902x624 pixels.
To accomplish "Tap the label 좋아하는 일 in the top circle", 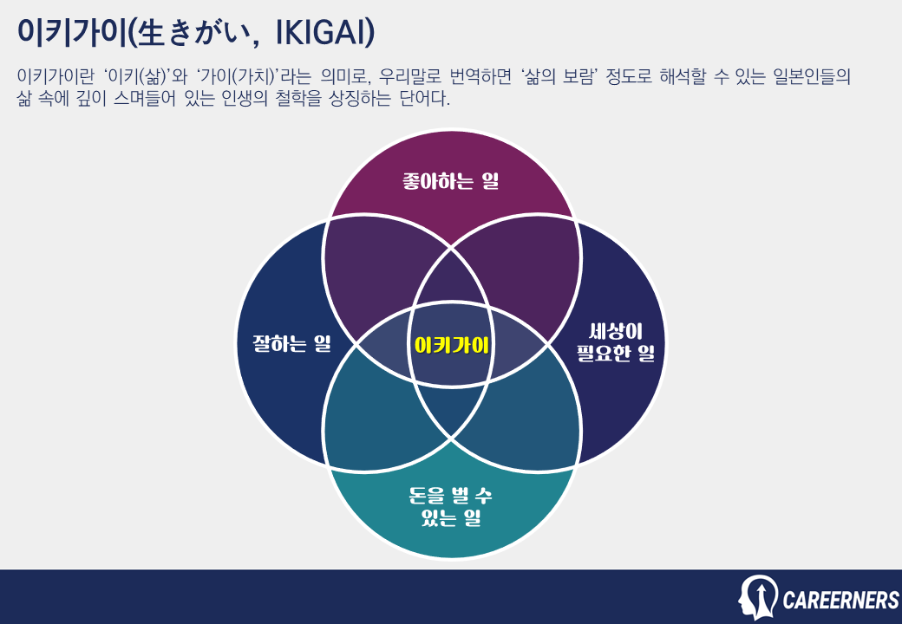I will [451, 182].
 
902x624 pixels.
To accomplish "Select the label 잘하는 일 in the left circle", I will [286, 344].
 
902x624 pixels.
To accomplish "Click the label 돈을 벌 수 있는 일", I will [451, 508].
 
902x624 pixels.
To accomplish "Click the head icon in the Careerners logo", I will [757, 597].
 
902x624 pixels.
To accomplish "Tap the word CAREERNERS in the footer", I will [840, 600].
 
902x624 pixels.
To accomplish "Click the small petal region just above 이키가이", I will [451, 282].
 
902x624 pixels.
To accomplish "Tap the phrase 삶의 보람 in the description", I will [563, 76].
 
